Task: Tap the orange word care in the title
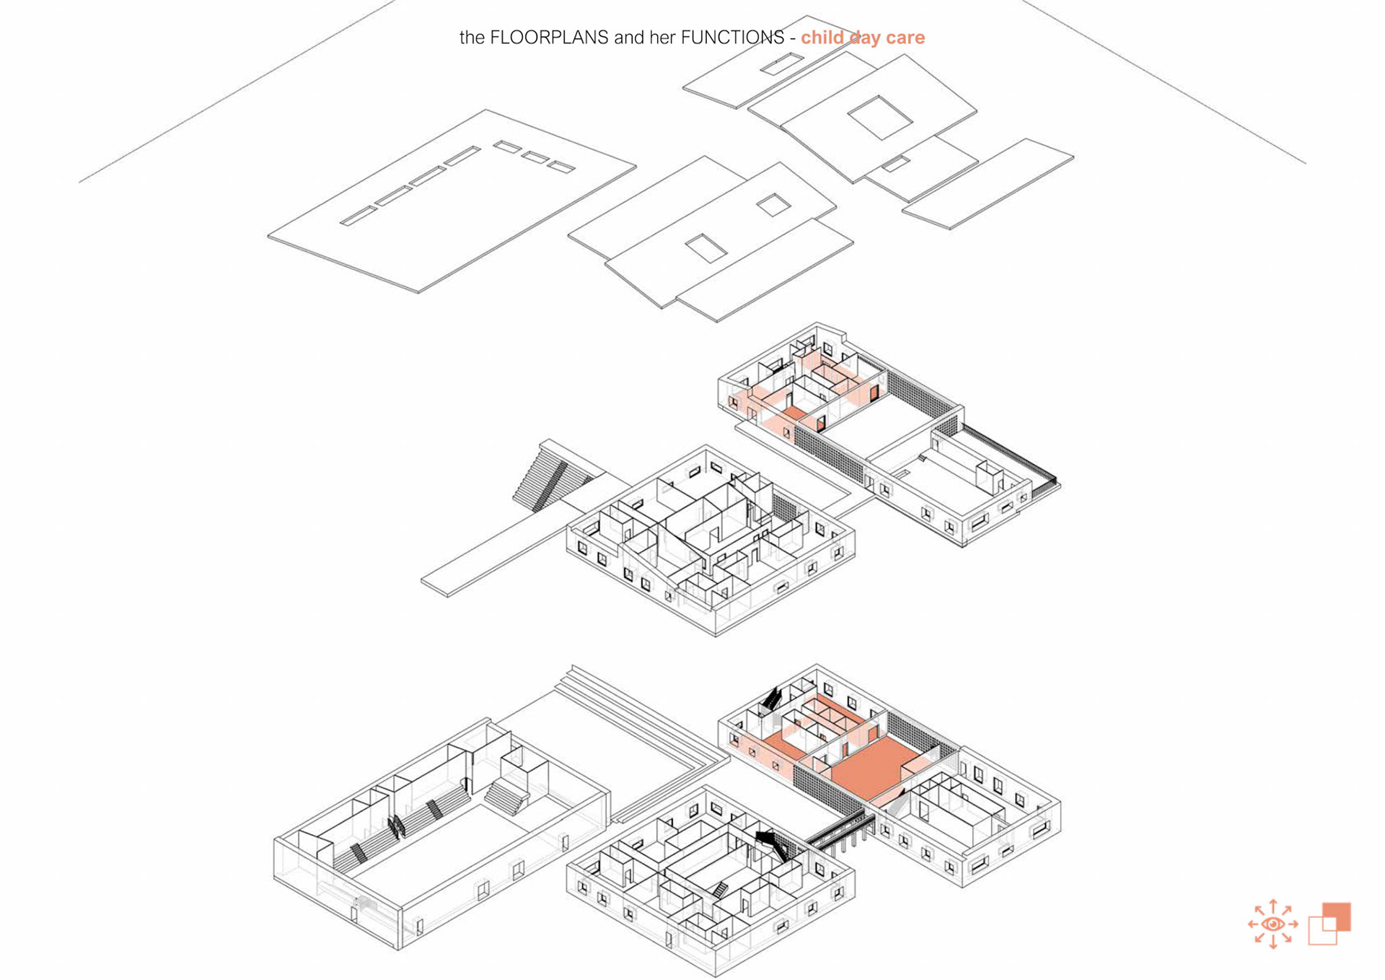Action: point(905,38)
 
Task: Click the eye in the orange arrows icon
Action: point(1272,924)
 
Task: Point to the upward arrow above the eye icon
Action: point(1273,906)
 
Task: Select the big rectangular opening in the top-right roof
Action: point(879,117)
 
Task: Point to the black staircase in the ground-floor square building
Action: point(772,843)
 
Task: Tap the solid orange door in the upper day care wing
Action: point(874,393)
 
